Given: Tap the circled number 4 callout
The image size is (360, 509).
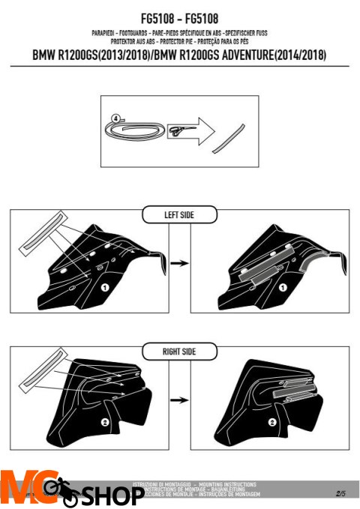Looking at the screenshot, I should pyautogui.click(x=114, y=118).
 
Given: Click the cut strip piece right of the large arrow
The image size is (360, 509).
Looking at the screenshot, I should pyautogui.click(x=231, y=136).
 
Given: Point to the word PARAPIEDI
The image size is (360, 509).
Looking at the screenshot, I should pyautogui.click(x=107, y=33).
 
